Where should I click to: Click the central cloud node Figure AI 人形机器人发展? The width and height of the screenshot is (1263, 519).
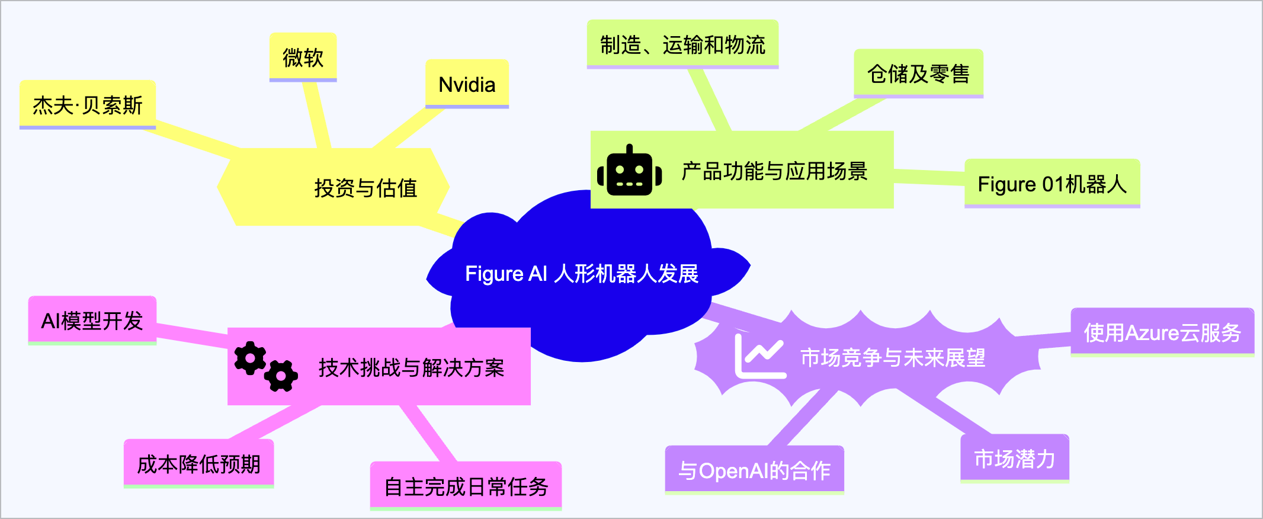[581, 274]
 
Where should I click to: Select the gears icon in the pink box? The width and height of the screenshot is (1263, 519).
[265, 367]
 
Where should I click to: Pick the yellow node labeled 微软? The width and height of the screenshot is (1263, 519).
[303, 57]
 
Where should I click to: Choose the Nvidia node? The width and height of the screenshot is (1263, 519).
[467, 85]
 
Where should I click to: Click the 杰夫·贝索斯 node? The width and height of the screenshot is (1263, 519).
[88, 105]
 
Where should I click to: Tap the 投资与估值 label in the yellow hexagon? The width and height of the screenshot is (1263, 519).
[366, 188]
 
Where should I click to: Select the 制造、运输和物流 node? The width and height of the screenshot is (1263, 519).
[682, 45]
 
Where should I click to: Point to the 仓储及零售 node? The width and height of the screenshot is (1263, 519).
[918, 74]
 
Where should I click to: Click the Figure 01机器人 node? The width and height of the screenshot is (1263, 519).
[1052, 184]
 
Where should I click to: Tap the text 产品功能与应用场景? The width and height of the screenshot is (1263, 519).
[774, 171]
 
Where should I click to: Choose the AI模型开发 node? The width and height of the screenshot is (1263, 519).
[92, 321]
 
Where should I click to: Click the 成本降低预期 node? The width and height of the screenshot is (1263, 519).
[198, 464]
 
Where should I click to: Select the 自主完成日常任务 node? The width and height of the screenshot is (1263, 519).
[466, 486]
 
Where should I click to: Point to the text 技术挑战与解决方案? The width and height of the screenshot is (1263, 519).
[411, 368]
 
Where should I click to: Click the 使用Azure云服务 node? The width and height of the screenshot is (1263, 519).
[1162, 332]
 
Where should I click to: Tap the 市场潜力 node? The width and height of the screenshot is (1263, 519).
[1014, 459]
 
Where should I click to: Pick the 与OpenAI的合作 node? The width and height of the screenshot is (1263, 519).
[754, 470]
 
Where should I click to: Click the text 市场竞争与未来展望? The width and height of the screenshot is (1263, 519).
[893, 358]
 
